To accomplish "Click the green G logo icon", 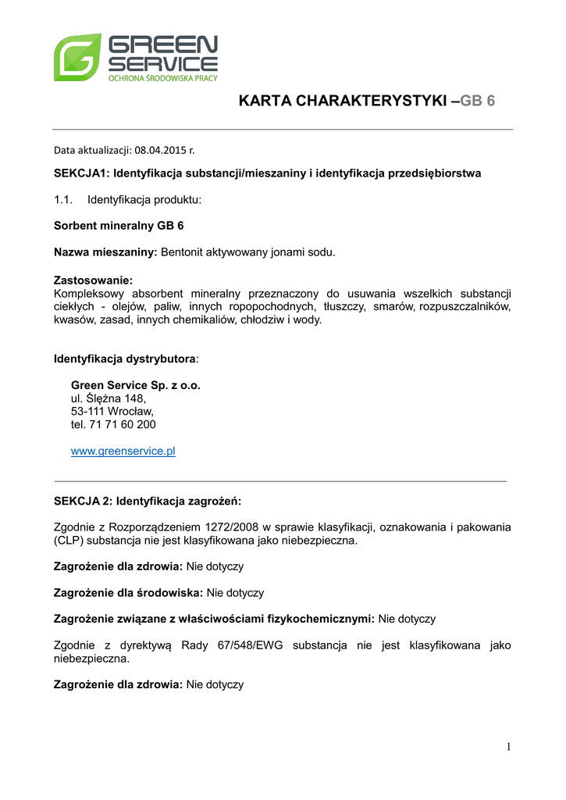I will coord(77,57).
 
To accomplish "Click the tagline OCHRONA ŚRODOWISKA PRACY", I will coord(162,78).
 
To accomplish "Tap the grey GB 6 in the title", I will coord(478,101).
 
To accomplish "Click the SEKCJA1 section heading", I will coord(267,173).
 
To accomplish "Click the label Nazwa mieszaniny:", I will coord(105,252).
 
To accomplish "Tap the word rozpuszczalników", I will coord(465,306).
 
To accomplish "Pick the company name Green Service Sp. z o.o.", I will coord(136,385).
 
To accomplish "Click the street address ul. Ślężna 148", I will coord(109,398).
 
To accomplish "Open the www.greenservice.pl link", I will coord(123,452).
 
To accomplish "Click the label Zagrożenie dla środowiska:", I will coord(128,593).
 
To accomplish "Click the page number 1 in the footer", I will coord(508,747).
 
